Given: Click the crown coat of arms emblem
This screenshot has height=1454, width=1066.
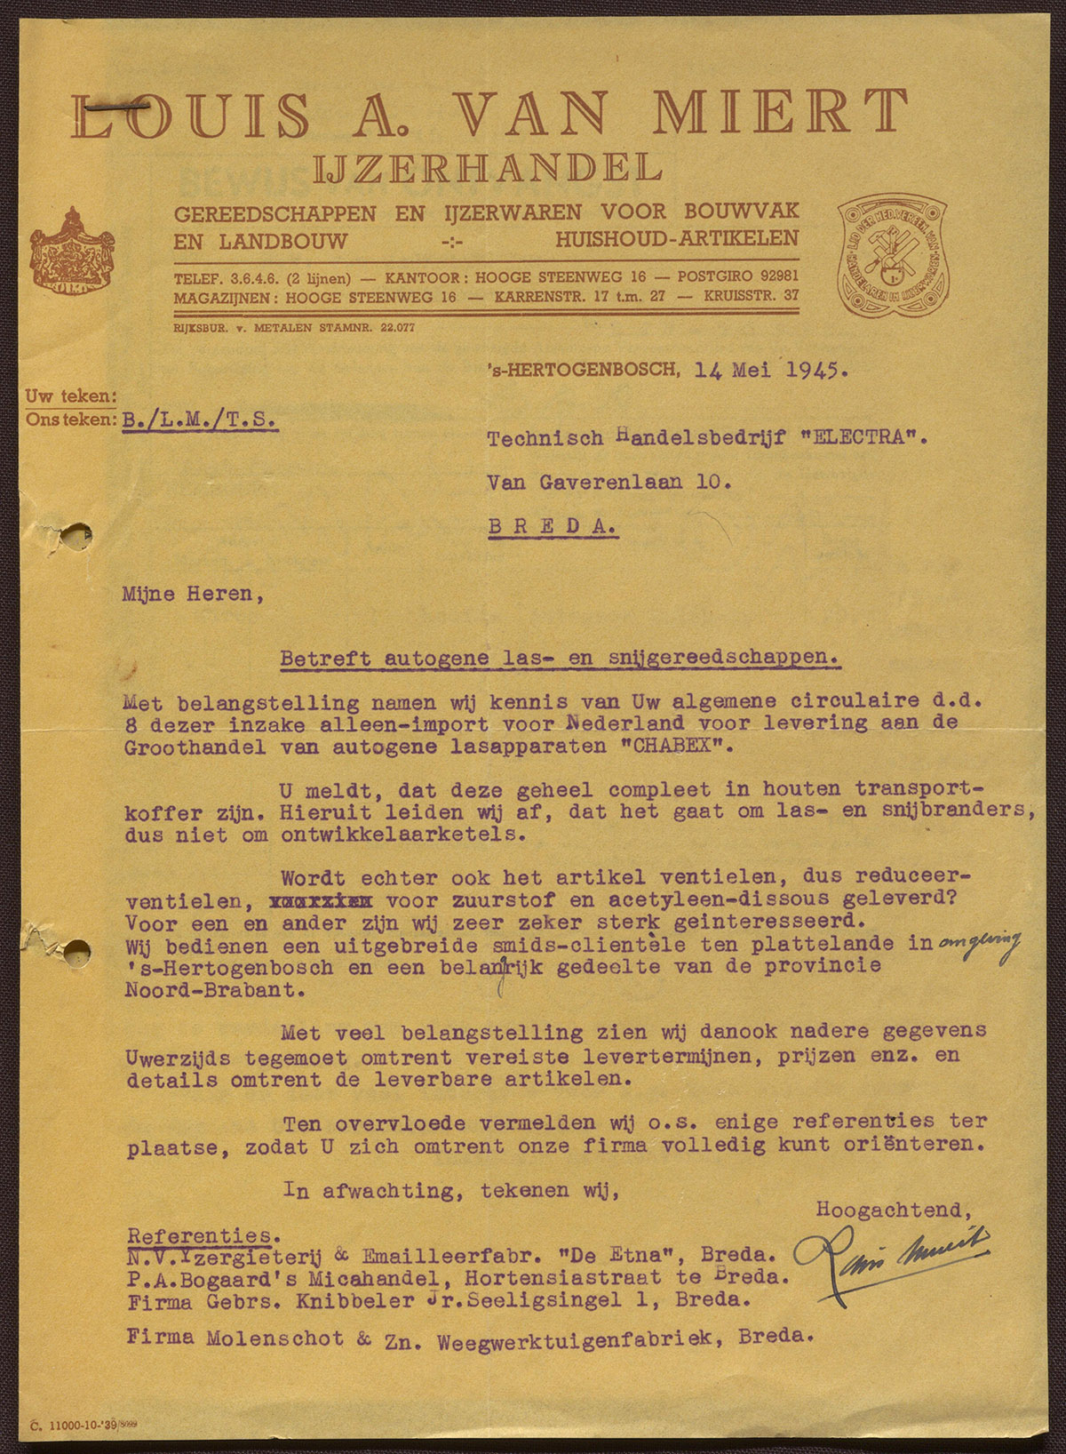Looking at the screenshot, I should (72, 251).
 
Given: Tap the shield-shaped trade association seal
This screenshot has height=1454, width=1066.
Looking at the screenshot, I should (891, 258).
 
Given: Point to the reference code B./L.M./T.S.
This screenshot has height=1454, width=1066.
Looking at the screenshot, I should (199, 419).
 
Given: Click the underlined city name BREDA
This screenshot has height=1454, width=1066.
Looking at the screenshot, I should (552, 525).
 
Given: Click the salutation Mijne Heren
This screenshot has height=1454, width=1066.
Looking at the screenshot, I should (193, 594).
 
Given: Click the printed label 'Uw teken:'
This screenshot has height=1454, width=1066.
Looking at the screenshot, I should (71, 396).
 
